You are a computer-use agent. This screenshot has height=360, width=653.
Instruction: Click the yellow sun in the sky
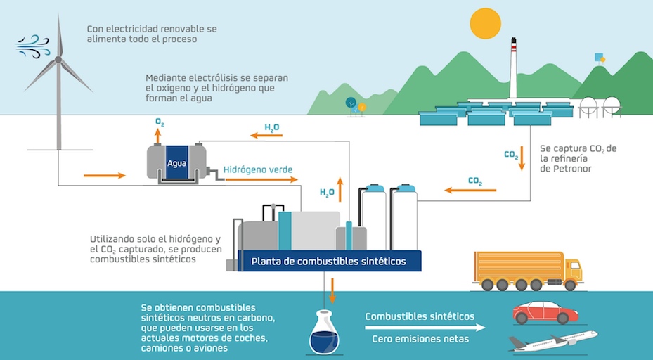[485, 23]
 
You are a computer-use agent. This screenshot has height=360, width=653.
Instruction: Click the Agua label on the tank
[176, 164]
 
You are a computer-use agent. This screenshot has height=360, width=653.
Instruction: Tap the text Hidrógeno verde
[258, 169]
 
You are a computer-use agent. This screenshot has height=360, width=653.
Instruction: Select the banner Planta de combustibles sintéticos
[329, 262]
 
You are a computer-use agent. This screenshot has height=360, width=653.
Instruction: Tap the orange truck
[527, 271]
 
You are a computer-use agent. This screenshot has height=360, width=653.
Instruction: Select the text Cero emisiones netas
[420, 340]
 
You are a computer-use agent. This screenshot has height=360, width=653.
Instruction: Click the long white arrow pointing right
[425, 327]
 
